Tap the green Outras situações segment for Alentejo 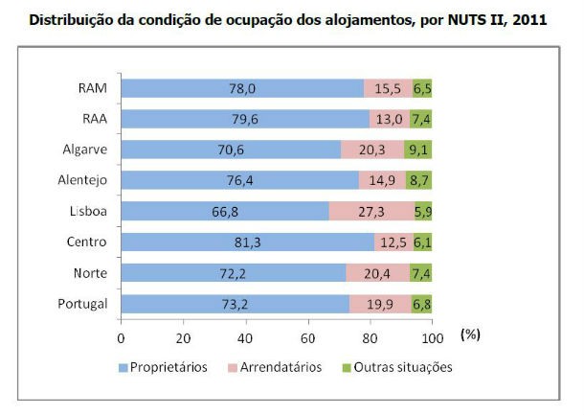(418, 180)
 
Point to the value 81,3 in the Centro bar (247, 242)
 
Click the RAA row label (92, 119)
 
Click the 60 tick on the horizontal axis (307, 337)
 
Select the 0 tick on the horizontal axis (121, 337)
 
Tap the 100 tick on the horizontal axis (432, 337)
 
